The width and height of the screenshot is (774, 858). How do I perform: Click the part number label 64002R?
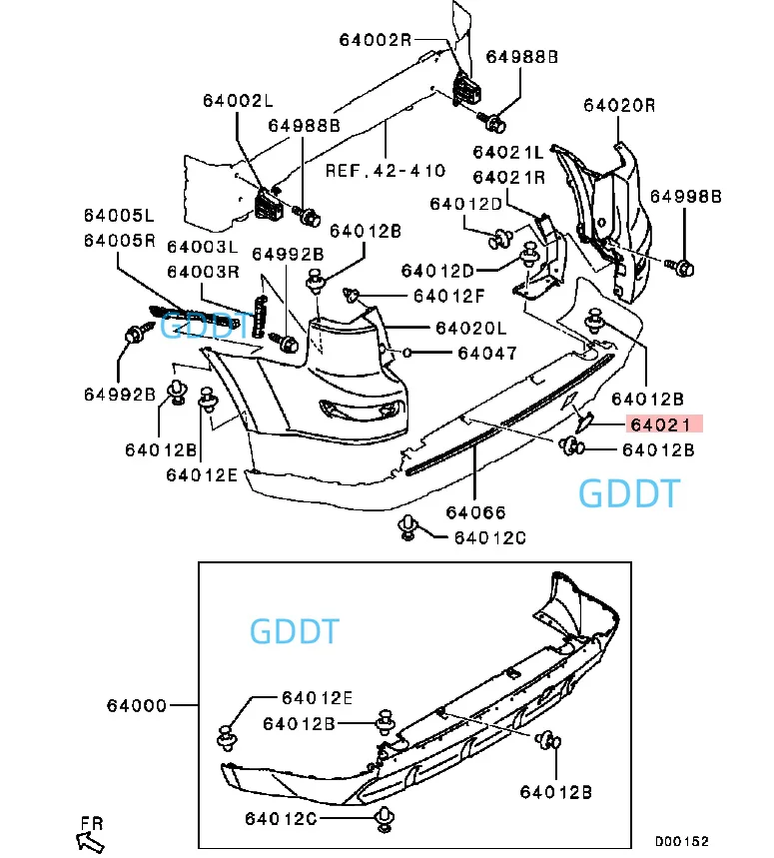coord(376,40)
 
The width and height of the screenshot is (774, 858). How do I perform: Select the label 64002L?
coord(238,101)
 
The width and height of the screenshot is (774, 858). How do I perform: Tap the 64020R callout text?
coord(619,105)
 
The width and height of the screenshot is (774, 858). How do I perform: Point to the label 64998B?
coord(686,197)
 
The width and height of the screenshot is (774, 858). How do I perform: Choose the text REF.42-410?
coord(386,171)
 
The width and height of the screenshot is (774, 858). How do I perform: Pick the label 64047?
coord(487,354)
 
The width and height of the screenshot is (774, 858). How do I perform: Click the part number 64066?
coord(476,512)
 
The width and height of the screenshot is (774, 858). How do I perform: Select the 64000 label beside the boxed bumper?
coord(137,706)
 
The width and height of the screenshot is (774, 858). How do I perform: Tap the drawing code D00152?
coord(682,841)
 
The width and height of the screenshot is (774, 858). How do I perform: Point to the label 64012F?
coord(449,296)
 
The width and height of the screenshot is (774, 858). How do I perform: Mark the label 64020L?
coord(471,329)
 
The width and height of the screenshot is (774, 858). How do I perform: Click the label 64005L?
coord(119,216)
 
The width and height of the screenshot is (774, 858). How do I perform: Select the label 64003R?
coord(203,272)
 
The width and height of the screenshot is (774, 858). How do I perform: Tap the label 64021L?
coord(508,152)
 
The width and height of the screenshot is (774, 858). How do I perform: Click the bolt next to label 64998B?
coord(680,268)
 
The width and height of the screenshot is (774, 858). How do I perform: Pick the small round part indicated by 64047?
coord(406,353)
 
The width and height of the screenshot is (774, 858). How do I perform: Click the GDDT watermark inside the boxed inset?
coord(295,631)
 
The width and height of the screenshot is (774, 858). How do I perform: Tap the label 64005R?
coord(120,241)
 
